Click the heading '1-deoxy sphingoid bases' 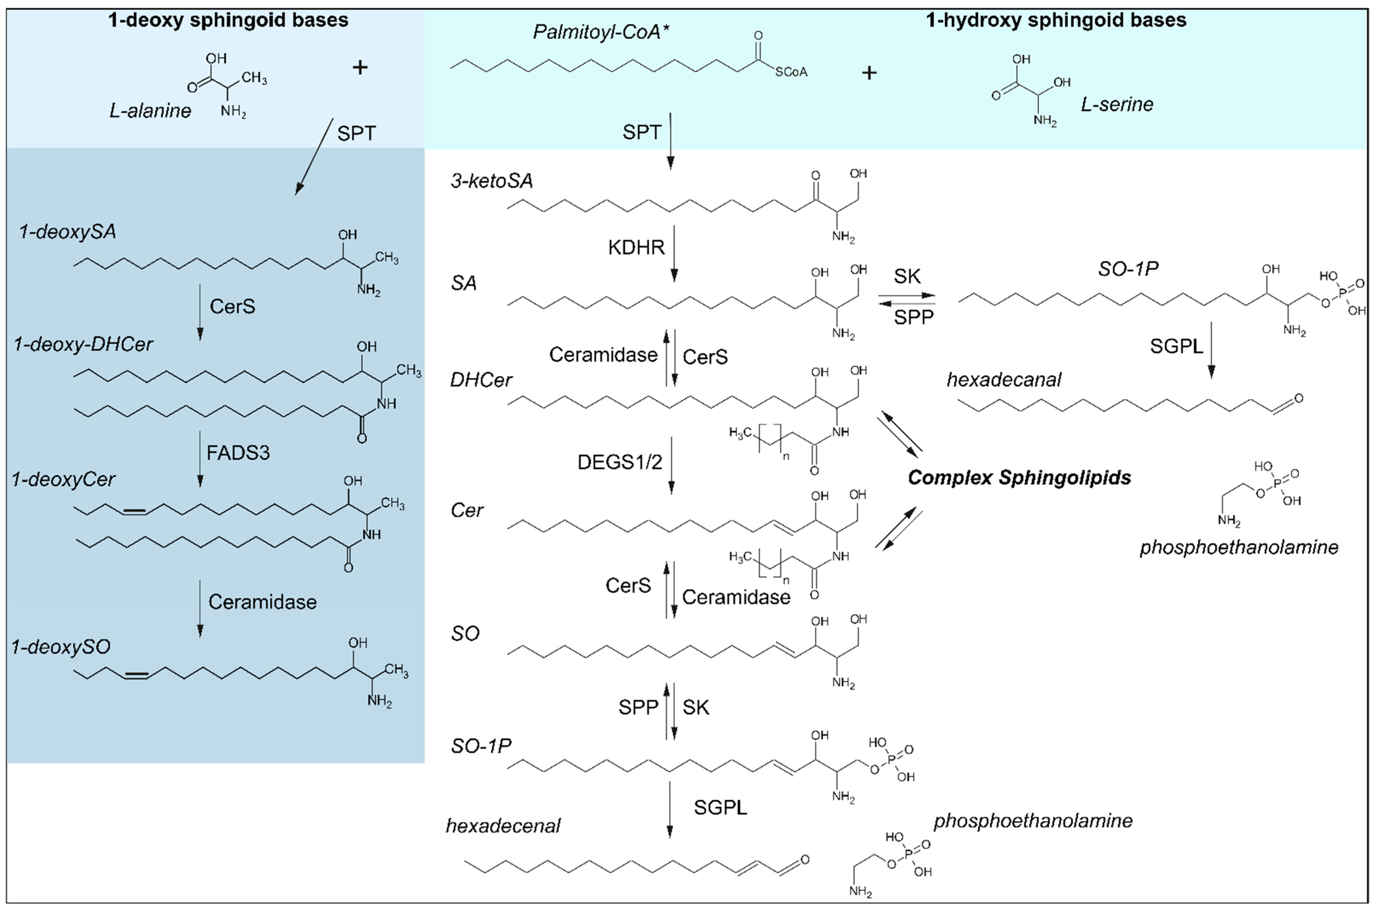click(228, 20)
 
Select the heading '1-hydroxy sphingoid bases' click(1056, 20)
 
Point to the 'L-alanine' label click(150, 110)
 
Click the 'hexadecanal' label click(1004, 380)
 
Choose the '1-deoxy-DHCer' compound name click(83, 344)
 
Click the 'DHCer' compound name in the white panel click(481, 380)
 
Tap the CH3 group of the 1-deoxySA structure click(387, 258)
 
